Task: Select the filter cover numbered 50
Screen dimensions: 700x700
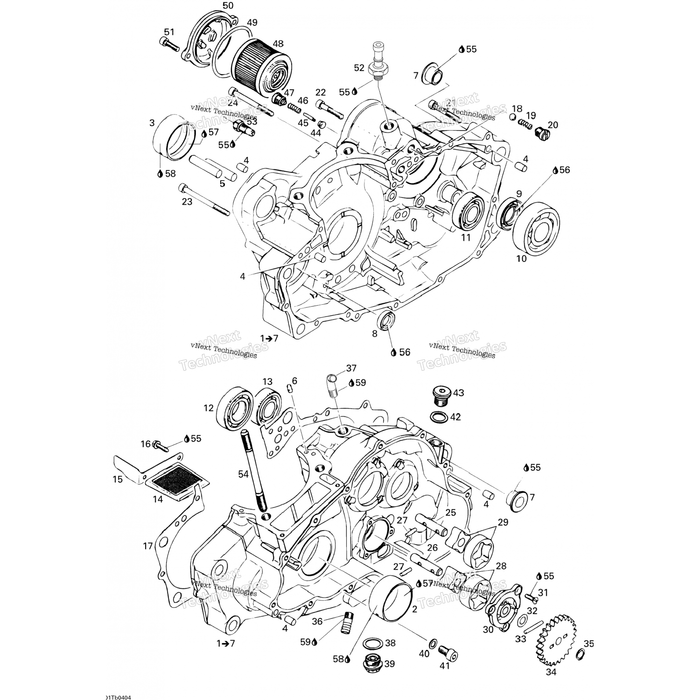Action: pyautogui.click(x=208, y=40)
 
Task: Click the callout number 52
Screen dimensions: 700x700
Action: pyautogui.click(x=359, y=68)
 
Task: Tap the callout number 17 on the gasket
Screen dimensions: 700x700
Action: pyautogui.click(x=148, y=546)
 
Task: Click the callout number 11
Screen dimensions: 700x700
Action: pyautogui.click(x=466, y=238)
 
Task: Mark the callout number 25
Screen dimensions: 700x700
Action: pyautogui.click(x=450, y=512)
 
